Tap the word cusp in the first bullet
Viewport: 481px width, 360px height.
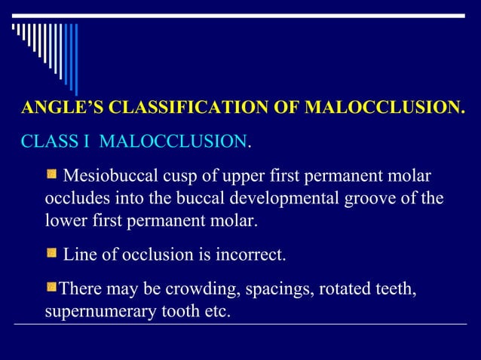point(180,178)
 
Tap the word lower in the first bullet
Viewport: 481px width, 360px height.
point(66,221)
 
